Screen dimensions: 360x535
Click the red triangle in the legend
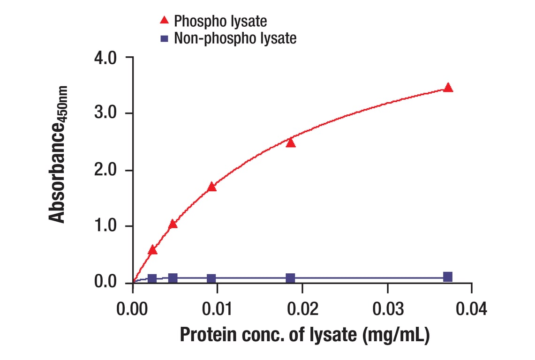point(164,20)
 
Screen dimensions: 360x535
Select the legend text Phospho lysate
point(220,21)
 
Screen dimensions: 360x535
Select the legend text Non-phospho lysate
point(235,38)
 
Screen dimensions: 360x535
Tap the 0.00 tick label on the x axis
point(133,309)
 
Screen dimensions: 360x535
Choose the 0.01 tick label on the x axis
point(218,309)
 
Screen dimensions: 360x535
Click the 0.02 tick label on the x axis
point(302,309)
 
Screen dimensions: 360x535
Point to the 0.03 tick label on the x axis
point(387,309)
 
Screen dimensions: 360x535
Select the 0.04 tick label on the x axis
point(472,309)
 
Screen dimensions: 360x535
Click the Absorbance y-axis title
point(59,154)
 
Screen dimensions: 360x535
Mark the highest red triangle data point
point(448,88)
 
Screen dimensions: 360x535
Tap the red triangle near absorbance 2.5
point(291,142)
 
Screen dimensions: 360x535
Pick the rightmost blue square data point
point(448,277)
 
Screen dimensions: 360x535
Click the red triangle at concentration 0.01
point(212,187)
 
